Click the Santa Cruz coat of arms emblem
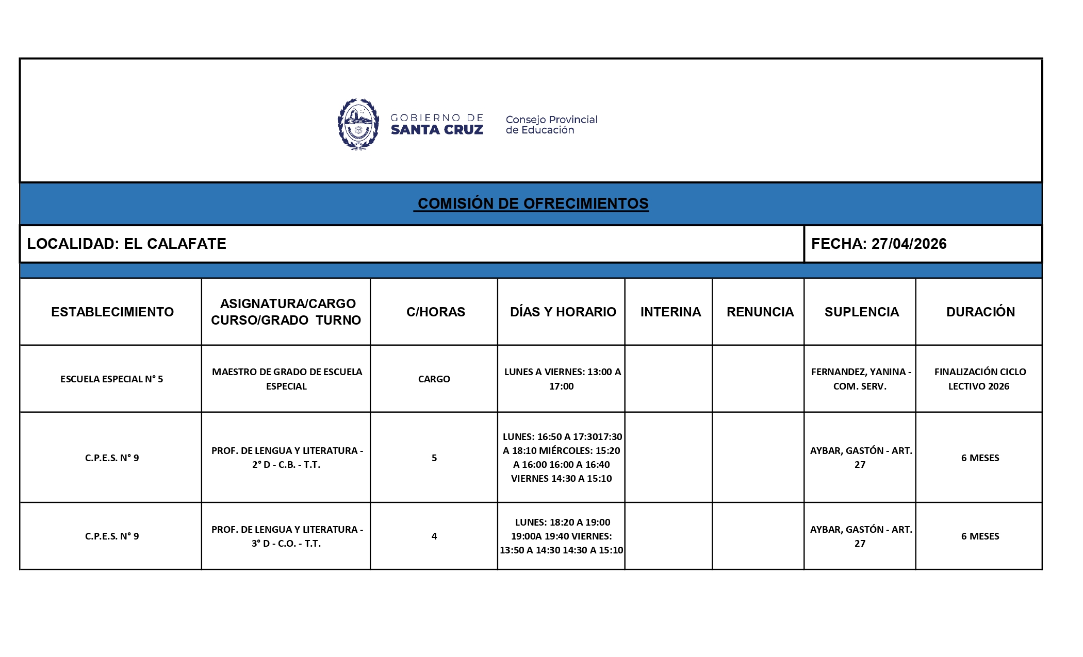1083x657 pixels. (x=358, y=124)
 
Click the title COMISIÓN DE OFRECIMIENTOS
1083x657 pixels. (x=533, y=204)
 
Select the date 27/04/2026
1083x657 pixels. (x=909, y=244)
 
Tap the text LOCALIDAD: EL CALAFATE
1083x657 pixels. (x=126, y=244)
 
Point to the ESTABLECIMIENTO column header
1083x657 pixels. (x=112, y=312)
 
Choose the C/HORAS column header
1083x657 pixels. (x=435, y=312)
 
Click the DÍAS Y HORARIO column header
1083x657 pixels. (x=563, y=312)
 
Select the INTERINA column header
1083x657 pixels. (x=670, y=312)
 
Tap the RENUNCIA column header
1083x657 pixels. (x=760, y=312)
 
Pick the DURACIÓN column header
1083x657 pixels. (x=980, y=312)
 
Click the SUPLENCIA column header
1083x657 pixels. (x=861, y=312)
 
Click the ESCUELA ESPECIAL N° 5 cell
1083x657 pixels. (x=111, y=379)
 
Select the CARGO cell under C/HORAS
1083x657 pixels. (x=434, y=379)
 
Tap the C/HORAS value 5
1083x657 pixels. (x=434, y=458)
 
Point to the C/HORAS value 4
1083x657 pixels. (x=434, y=536)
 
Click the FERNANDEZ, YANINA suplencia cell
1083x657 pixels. (x=860, y=379)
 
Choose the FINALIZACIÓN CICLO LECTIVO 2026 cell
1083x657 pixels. (x=979, y=379)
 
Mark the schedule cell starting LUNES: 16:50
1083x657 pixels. (x=562, y=458)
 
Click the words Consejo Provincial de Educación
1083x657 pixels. (x=551, y=125)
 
